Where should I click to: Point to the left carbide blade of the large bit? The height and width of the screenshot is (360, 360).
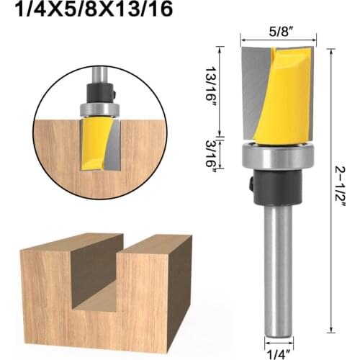253,94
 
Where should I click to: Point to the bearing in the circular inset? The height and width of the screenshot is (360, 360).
99,109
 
